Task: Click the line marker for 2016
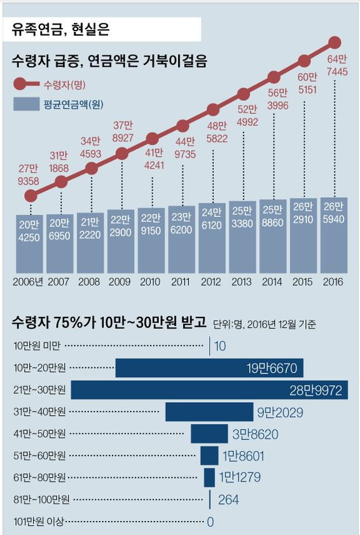pyautogui.click(x=335, y=43)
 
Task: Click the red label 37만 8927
pyautogui.click(x=121, y=131)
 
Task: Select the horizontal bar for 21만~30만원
pyautogui.click(x=209, y=390)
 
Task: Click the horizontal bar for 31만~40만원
pyautogui.click(x=209, y=412)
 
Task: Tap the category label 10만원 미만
pyautogui.click(x=37, y=346)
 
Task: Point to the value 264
pyautogui.click(x=228, y=500)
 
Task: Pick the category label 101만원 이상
pyautogui.click(x=38, y=522)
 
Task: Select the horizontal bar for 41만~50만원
pyautogui.click(x=209, y=434)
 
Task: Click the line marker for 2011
pyautogui.click(x=183, y=125)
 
